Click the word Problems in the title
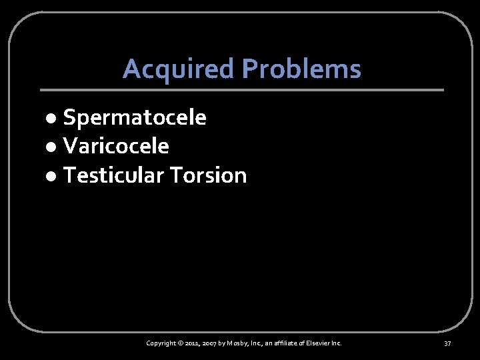[x=301, y=69]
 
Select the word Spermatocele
[x=135, y=118]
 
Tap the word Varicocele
[x=116, y=146]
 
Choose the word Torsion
[x=208, y=175]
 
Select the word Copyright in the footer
[x=161, y=343]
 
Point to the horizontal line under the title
[x=241, y=90]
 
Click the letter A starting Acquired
[x=131, y=69]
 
